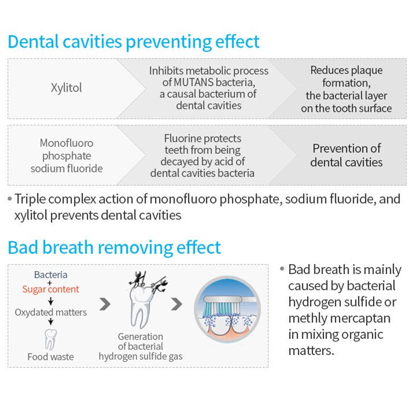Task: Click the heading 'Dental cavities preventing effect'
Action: pyautogui.click(x=134, y=42)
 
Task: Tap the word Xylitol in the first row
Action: pyautogui.click(x=67, y=88)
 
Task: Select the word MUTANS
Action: pyautogui.click(x=194, y=82)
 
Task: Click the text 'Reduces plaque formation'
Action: pyautogui.click(x=346, y=76)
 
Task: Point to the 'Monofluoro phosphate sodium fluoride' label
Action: pyautogui.click(x=67, y=156)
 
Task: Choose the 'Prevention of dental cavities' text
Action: pyautogui.click(x=346, y=156)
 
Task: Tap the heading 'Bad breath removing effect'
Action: pyautogui.click(x=114, y=248)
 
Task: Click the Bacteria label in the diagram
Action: pyautogui.click(x=51, y=275)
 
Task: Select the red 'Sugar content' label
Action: pyautogui.click(x=51, y=289)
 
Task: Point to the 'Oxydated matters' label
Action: pyautogui.click(x=51, y=312)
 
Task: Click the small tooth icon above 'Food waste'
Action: pyautogui.click(x=50, y=339)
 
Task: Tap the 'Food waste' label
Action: pyautogui.click(x=51, y=357)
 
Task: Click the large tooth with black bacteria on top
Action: pyautogui.click(x=142, y=304)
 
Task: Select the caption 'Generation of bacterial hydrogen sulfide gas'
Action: pyautogui.click(x=141, y=346)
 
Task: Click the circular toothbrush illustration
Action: pyautogui.click(x=227, y=309)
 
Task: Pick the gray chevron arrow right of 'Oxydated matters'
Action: pyautogui.click(x=105, y=304)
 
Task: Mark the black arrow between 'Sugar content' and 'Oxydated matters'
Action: pyautogui.click(x=51, y=301)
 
